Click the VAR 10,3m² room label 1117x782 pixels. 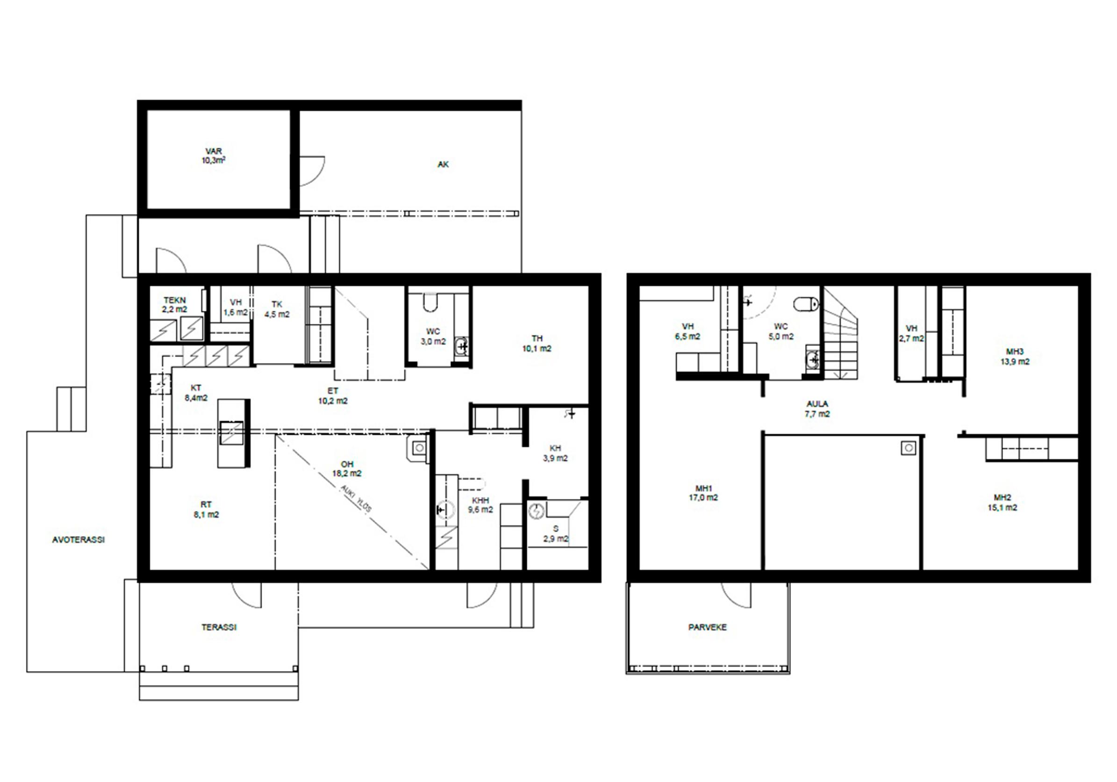click(x=214, y=156)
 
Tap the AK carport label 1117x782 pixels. click(x=443, y=165)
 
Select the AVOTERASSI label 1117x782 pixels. click(x=79, y=540)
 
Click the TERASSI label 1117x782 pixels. click(x=219, y=627)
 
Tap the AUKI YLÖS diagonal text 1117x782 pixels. click(x=356, y=498)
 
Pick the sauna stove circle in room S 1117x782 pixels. click(x=537, y=511)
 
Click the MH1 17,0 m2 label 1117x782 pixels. click(x=703, y=493)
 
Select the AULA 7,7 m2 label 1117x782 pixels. click(x=817, y=409)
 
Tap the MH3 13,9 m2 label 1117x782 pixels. click(x=1015, y=356)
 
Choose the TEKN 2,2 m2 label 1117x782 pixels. click(x=175, y=305)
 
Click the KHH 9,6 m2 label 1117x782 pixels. click(x=480, y=505)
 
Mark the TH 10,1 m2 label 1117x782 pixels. click(x=537, y=343)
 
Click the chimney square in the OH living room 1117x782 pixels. click(x=419, y=448)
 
